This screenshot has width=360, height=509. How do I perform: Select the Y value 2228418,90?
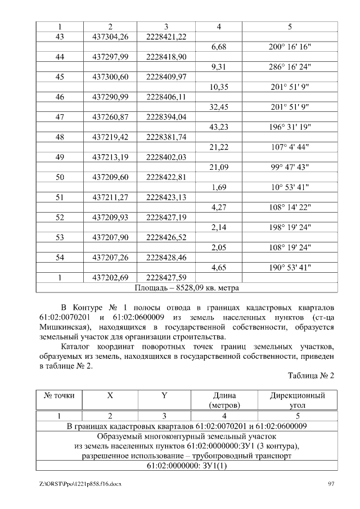click(166, 57)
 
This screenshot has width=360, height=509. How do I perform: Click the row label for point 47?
click(60, 117)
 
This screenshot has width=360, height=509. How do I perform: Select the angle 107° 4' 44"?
click(290, 147)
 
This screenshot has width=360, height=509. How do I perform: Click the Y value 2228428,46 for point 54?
click(166, 257)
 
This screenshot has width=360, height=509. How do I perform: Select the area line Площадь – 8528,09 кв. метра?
click(187, 287)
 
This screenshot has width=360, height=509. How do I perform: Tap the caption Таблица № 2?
click(311, 375)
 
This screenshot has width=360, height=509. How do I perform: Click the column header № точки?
click(60, 395)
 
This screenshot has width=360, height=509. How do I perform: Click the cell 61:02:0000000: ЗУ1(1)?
click(187, 466)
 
